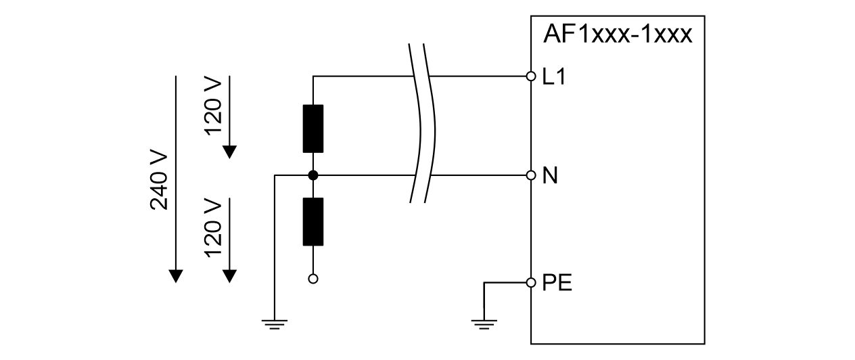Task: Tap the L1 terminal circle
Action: coord(531,76)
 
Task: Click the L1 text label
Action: coord(554,77)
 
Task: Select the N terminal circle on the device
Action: coord(531,175)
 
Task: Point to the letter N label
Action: coord(550,177)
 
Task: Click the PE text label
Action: coord(557,283)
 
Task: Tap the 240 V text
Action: coord(159,181)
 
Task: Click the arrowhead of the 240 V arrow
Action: coord(176,275)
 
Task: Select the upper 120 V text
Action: coord(212,106)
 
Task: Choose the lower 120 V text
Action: coord(212,228)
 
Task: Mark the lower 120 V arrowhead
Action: coord(230,275)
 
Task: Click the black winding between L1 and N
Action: coord(313,129)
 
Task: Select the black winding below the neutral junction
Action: coord(313,222)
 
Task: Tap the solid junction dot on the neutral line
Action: coord(313,175)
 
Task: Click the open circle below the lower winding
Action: coord(313,278)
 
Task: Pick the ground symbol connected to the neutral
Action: coord(274,324)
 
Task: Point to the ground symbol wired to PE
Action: coord(483,324)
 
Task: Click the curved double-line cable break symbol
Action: coord(421,123)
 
